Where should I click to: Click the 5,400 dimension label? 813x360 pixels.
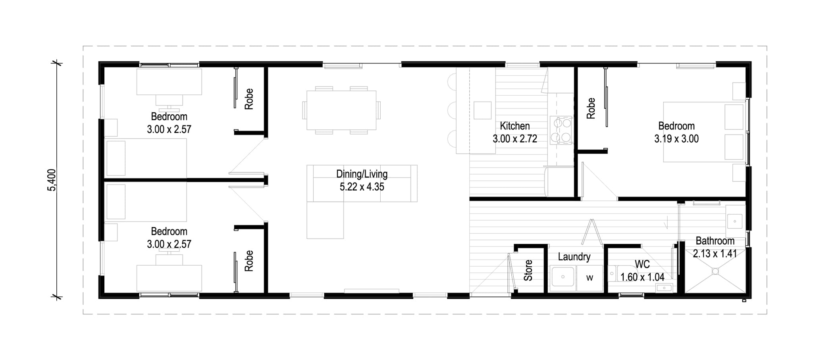tap(52, 180)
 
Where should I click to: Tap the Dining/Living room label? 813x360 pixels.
tap(362, 180)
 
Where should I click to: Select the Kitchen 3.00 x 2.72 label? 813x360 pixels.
tap(515, 132)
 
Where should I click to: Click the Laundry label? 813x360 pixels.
tap(574, 257)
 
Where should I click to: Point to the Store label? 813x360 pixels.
tap(528, 270)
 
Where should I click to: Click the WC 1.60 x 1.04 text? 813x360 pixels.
tap(642, 271)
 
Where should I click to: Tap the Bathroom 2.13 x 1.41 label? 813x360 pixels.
tap(715, 247)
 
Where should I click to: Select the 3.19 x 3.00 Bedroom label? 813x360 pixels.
tap(676, 132)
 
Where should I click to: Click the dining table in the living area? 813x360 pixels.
tap(341, 110)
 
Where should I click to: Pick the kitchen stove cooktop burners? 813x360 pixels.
tap(561, 130)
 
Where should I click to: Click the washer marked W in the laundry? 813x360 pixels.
tap(590, 278)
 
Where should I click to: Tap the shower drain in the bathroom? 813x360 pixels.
tap(715, 271)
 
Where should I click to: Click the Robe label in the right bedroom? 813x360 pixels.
tap(591, 108)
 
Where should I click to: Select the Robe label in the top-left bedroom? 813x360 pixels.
tap(249, 99)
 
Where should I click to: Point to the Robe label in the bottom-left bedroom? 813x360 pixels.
tap(249, 261)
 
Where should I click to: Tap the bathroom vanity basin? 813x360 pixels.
tap(735, 221)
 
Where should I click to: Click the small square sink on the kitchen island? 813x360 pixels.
tap(483, 110)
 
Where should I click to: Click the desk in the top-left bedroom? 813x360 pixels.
tap(169, 82)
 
